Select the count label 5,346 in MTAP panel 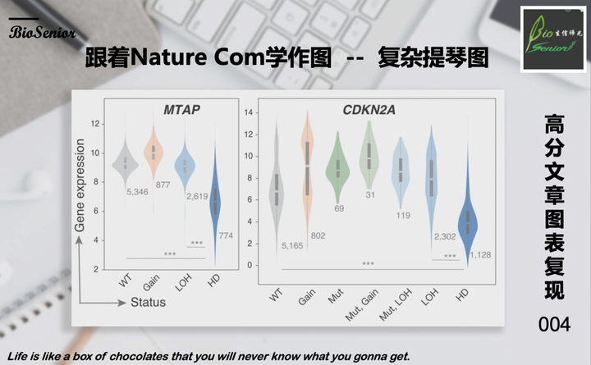pyautogui.click(x=136, y=191)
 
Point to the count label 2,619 pyautogui.click(x=197, y=196)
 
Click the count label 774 pyautogui.click(x=226, y=236)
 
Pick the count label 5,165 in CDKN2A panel pyautogui.click(x=291, y=246)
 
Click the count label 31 pyautogui.click(x=370, y=194)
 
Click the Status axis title pyautogui.click(x=148, y=302)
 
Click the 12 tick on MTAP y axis pyautogui.click(x=96, y=124)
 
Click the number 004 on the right pyautogui.click(x=554, y=326)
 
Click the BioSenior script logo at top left pyautogui.click(x=43, y=33)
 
